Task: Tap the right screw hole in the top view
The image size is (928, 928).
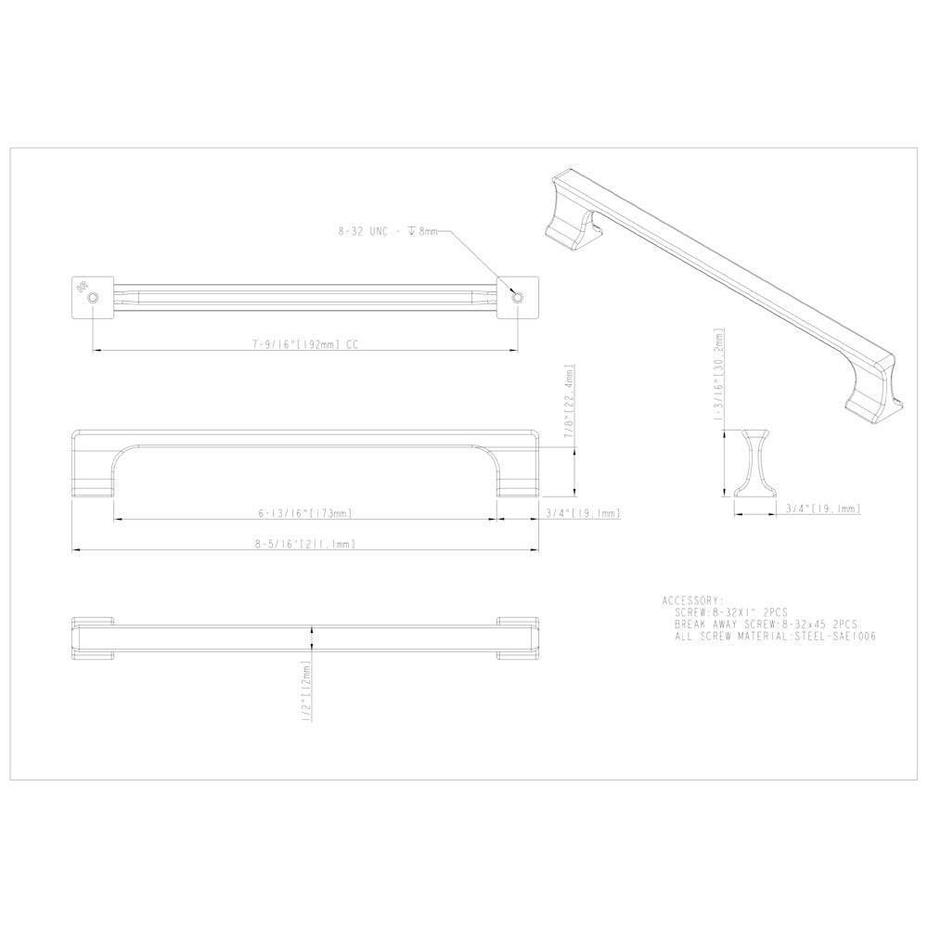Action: [x=518, y=296]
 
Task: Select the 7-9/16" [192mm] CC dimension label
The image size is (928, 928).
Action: [x=304, y=344]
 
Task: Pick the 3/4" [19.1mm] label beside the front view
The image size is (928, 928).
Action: [x=582, y=513]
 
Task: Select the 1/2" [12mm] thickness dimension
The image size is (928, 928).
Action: [x=305, y=681]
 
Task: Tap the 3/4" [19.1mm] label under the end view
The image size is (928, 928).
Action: [x=822, y=509]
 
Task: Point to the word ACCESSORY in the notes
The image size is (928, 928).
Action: [x=693, y=601]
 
